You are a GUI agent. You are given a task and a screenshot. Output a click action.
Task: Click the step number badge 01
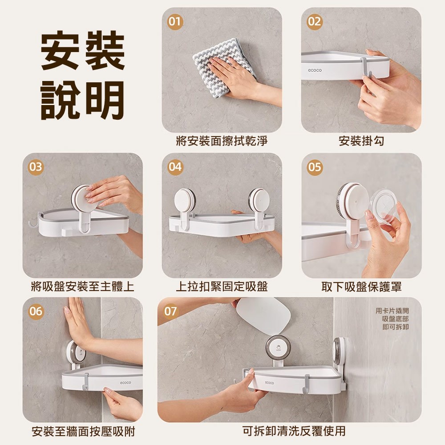point(175,21)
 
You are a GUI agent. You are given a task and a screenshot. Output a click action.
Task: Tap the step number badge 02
point(315,21)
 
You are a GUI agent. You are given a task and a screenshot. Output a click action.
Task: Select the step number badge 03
point(36,167)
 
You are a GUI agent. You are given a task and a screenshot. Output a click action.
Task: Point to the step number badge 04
point(175,167)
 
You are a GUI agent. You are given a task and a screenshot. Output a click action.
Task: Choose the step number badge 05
point(315,167)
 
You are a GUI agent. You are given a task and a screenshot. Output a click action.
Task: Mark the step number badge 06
point(36,311)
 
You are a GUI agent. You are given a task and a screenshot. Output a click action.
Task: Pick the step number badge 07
point(171,311)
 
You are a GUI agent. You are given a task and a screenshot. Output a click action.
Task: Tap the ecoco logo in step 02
point(315,70)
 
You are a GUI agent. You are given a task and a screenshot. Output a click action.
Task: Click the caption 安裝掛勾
point(361,141)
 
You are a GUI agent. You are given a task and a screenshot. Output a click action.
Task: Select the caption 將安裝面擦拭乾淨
point(222,141)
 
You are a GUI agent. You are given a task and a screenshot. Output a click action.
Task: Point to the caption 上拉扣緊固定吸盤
point(222,286)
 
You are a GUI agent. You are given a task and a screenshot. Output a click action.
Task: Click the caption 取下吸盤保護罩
point(361,286)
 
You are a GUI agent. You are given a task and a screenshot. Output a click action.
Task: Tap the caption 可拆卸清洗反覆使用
point(294,431)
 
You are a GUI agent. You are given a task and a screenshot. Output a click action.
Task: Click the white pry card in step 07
point(262,314)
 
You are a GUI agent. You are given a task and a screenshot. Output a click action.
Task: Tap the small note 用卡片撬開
point(392,311)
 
